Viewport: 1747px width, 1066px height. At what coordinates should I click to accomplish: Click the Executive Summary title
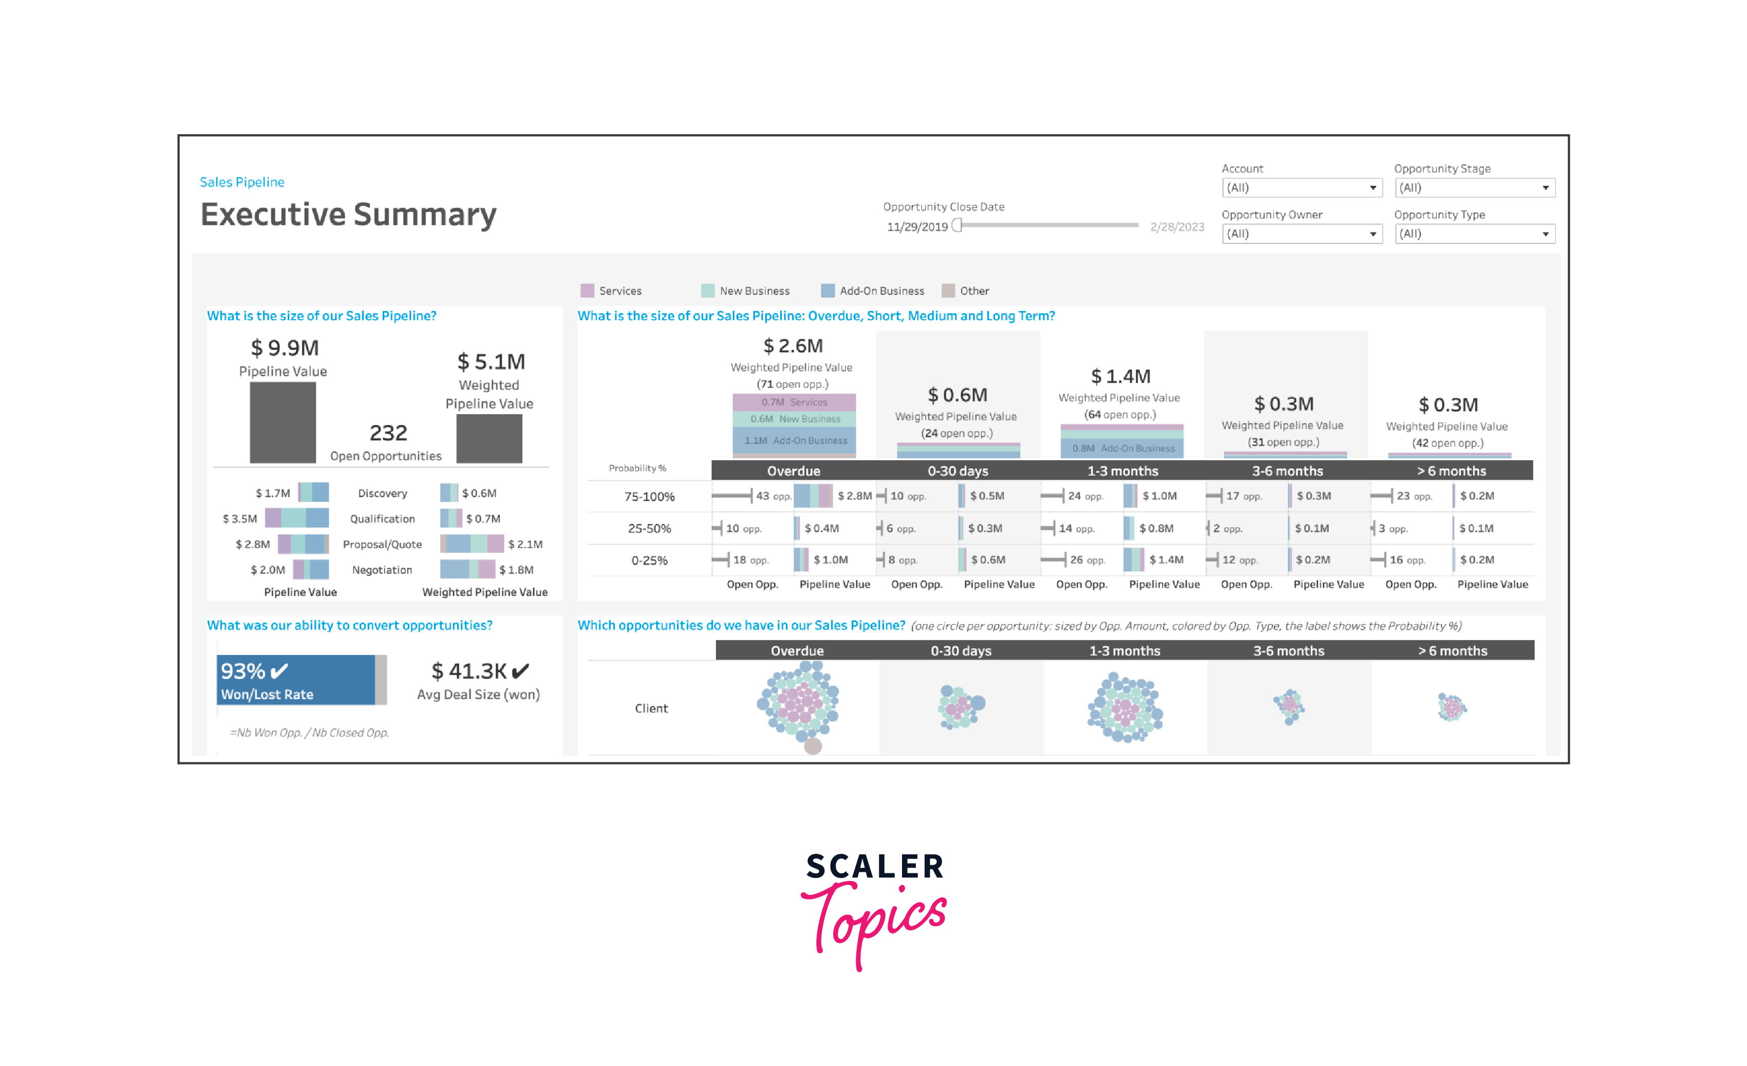tap(348, 214)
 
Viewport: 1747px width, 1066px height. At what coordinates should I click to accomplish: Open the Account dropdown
tap(1302, 188)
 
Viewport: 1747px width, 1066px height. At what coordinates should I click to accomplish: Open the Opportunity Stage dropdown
tap(1474, 188)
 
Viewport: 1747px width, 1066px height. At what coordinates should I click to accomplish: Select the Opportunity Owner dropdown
tap(1302, 234)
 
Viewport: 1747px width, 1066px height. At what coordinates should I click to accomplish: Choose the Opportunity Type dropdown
tap(1474, 234)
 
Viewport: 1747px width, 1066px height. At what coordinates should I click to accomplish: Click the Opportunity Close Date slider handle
tap(957, 226)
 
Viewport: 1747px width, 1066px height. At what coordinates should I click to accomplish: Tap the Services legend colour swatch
tap(587, 291)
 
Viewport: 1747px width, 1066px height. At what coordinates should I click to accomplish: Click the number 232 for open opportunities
tap(388, 433)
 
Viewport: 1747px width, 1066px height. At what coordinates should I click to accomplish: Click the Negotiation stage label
tap(382, 570)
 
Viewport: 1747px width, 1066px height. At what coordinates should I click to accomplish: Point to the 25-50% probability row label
tap(649, 529)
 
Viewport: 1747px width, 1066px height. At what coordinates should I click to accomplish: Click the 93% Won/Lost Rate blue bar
tap(296, 680)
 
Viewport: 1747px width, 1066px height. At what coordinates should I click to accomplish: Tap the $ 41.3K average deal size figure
tap(469, 671)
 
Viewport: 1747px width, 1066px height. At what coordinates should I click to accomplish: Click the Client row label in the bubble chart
tap(651, 708)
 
